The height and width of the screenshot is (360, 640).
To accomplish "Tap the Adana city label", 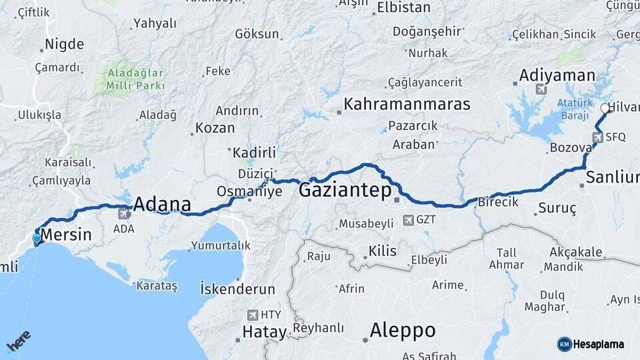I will click(162, 204).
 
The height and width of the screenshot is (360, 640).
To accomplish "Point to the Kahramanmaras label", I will click(407, 105).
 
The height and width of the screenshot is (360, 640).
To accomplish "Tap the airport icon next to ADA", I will click(124, 215).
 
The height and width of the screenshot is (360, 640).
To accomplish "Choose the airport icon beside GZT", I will click(408, 219).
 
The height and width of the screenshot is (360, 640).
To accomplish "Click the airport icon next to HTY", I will click(253, 315).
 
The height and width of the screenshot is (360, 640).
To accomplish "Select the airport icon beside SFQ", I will click(597, 138).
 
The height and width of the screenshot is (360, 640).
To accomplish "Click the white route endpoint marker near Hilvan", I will click(605, 108).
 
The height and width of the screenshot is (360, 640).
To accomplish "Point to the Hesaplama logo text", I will click(599, 344).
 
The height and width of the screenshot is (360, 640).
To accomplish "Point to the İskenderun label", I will click(237, 289).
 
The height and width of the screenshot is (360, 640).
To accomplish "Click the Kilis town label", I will click(382, 251).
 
